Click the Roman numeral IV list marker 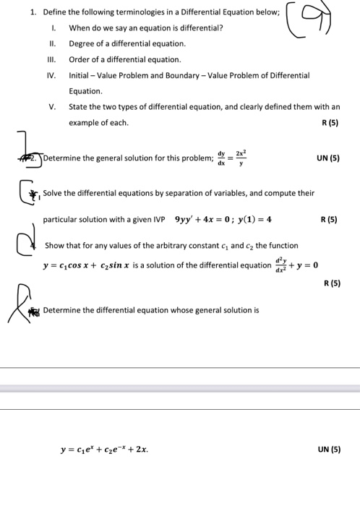click(x=51, y=75)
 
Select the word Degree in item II click(x=81, y=44)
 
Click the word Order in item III click(x=79, y=60)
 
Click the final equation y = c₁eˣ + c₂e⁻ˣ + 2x click(x=105, y=450)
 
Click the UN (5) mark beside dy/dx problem click(x=327, y=158)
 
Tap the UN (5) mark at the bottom click(x=328, y=450)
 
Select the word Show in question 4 click(x=55, y=246)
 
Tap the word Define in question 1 click(x=55, y=12)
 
